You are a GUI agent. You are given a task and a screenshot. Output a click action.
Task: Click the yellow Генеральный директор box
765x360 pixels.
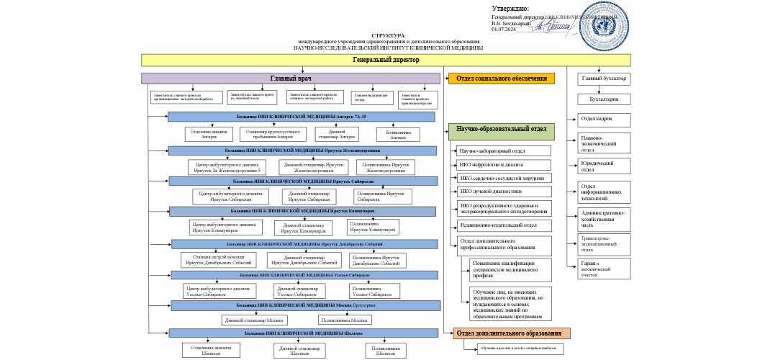[x=386, y=60]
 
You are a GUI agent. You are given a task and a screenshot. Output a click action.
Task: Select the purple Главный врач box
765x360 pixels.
[x=290, y=78]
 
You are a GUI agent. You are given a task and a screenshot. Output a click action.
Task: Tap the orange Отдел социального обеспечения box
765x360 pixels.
[x=502, y=78]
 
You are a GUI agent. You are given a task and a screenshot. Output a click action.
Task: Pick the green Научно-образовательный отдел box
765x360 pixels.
[x=502, y=131]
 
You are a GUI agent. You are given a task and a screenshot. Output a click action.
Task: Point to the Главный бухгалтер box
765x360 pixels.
[x=605, y=78]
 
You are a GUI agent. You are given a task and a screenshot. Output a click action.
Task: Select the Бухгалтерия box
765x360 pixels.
[x=605, y=99]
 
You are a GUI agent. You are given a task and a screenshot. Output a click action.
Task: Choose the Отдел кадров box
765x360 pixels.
[x=605, y=119]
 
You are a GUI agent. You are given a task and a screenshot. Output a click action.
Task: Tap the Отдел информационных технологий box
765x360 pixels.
[x=605, y=192]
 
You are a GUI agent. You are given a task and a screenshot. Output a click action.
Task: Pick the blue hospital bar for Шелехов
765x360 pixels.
[x=303, y=333]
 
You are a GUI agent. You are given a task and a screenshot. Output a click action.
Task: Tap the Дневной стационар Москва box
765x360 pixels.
[x=254, y=320]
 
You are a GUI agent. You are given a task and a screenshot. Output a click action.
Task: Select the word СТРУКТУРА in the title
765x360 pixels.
[x=388, y=35]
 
